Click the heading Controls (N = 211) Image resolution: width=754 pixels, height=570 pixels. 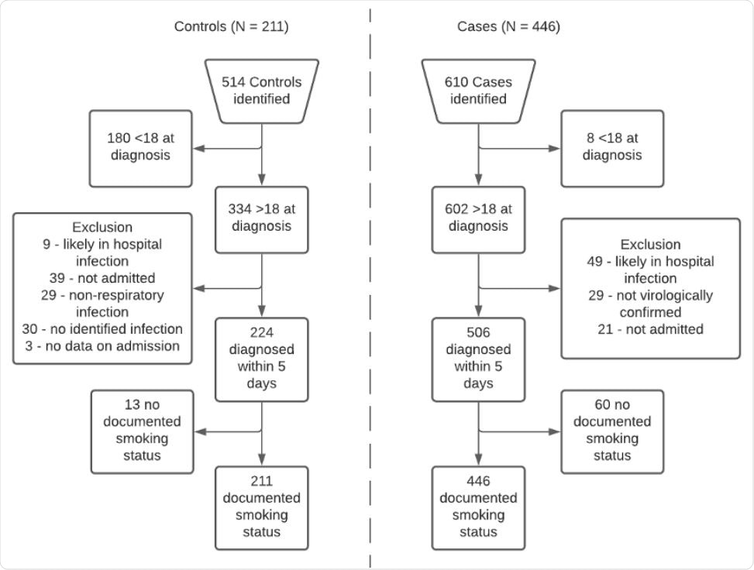click(x=231, y=27)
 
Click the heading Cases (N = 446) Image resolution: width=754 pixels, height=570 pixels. click(x=508, y=27)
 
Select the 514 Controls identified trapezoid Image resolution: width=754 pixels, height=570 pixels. click(x=261, y=91)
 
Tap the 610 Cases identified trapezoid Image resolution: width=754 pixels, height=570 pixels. click(x=478, y=91)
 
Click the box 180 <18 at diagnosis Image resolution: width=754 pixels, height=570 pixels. click(x=140, y=147)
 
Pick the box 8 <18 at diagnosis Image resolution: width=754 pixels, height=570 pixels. click(x=612, y=147)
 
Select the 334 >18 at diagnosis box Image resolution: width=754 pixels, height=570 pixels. click(x=261, y=218)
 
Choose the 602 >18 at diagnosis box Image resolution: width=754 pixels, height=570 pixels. click(x=478, y=218)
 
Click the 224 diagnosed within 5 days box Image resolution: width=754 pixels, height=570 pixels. click(x=261, y=359)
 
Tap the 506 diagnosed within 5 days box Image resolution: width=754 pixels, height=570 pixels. click(x=478, y=359)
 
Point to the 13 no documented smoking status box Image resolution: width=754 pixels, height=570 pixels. click(x=141, y=431)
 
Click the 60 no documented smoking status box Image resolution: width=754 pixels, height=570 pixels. click(x=612, y=431)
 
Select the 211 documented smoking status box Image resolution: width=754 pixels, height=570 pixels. click(x=261, y=507)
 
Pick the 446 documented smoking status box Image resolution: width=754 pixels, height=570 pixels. click(x=478, y=507)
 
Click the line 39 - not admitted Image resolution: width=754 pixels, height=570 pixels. click(x=102, y=278)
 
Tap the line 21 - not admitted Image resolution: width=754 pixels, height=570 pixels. click(x=650, y=329)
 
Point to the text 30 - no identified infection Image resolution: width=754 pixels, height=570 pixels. click(x=102, y=329)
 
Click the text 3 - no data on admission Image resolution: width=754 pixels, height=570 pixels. click(x=102, y=346)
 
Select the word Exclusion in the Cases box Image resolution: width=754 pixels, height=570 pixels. click(x=650, y=245)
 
